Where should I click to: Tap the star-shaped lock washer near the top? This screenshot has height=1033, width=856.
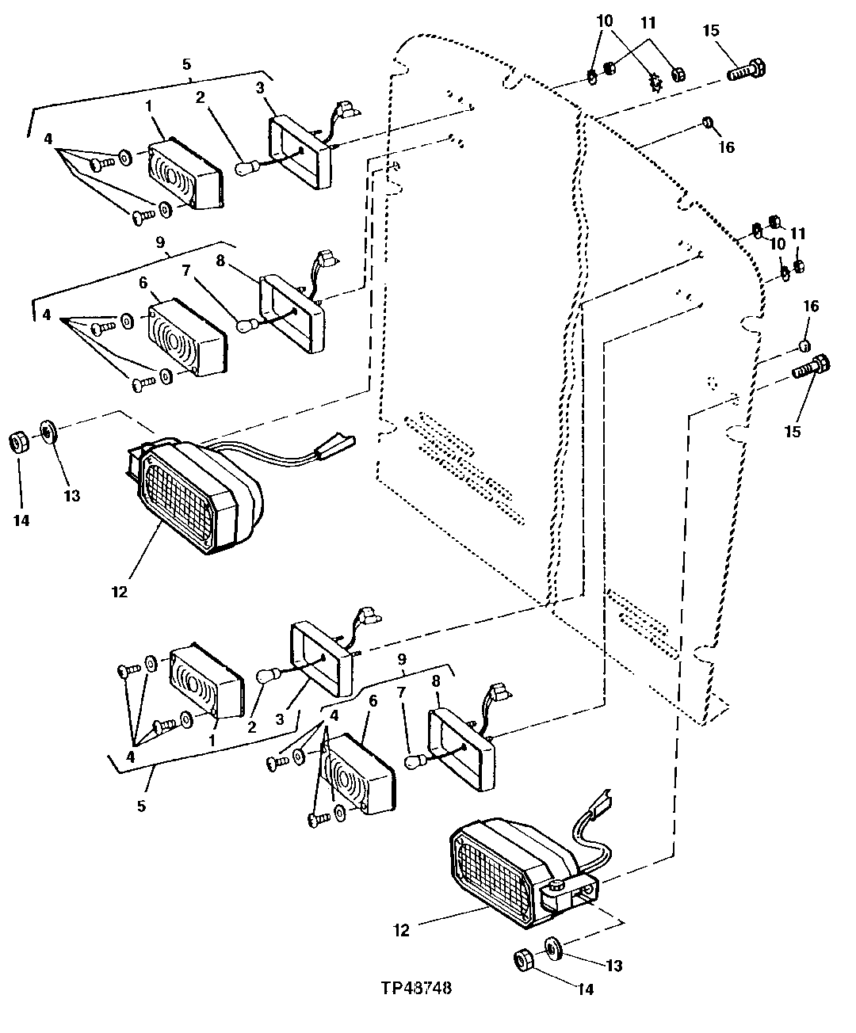[x=656, y=82]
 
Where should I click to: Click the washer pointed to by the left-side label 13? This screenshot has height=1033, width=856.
[x=48, y=432]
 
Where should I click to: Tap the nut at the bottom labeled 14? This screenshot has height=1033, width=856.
[x=524, y=961]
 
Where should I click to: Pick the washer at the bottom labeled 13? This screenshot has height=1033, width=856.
[x=553, y=947]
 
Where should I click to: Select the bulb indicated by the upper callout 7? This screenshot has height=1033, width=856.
[x=247, y=326]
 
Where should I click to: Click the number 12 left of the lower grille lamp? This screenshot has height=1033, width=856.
[x=402, y=931]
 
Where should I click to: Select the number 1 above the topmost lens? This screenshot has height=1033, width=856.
[x=148, y=106]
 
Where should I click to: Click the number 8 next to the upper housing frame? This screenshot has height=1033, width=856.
[x=220, y=260]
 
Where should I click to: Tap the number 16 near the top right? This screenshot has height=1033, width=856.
[x=727, y=147]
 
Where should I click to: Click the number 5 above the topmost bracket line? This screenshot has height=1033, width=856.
[x=186, y=64]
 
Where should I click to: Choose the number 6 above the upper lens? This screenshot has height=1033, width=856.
[x=143, y=283]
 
